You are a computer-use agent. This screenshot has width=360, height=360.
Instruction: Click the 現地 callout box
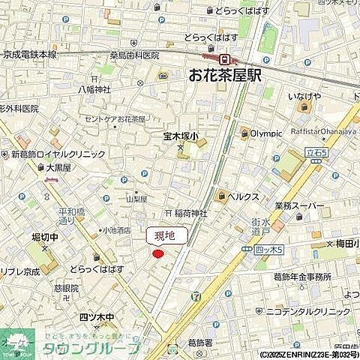point(164,235)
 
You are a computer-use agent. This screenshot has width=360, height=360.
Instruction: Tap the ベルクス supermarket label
point(244,196)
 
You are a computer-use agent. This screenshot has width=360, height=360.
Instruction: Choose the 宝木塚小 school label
point(181,136)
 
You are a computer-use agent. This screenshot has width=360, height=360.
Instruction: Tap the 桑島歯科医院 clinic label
point(135,55)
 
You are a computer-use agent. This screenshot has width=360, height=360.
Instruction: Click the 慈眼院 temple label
point(66,288)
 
